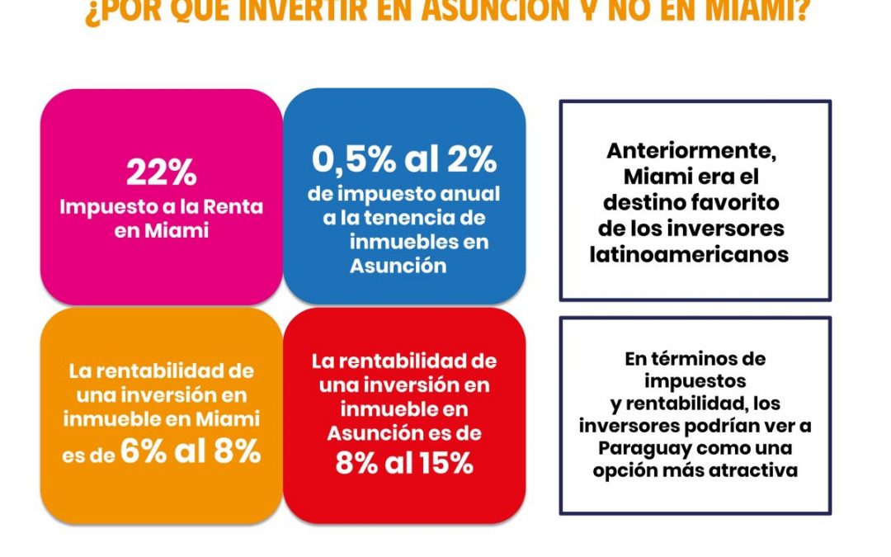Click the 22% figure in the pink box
pos(162,172)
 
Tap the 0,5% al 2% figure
pos(404,159)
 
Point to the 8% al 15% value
pos(404,463)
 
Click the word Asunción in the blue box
pos(398,266)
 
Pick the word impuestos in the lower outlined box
pos(695,381)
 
